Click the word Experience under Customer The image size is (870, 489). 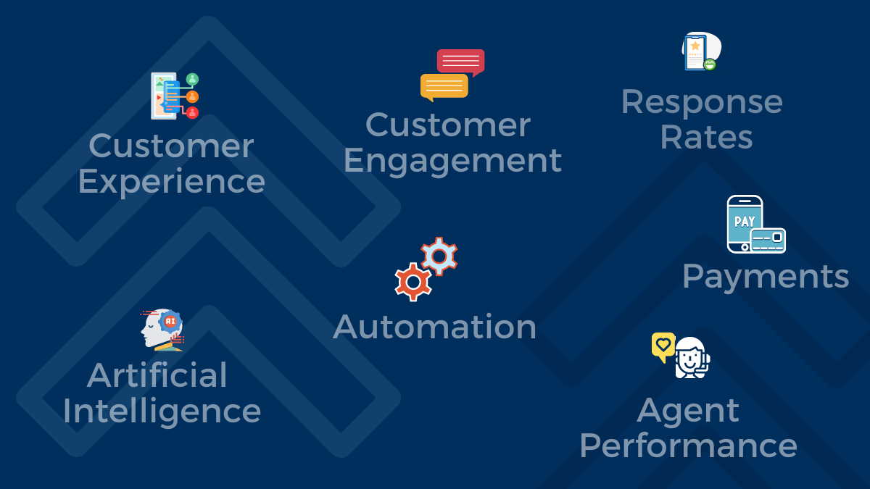pos(171,181)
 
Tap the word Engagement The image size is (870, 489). pos(452,160)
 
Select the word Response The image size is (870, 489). pos(702,101)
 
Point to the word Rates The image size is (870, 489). pos(706,137)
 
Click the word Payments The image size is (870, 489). pos(766,276)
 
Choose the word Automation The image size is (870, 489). pos(435,327)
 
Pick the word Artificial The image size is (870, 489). pos(157,375)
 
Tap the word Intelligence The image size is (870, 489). pos(162,411)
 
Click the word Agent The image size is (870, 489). pos(688,411)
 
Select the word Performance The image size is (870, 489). pos(688,446)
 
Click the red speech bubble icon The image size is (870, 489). pos(460,62)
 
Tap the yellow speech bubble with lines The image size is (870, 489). pos(444,86)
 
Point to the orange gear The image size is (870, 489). pos(413,282)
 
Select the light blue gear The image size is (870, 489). pos(439,256)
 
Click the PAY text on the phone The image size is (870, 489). pos(744,221)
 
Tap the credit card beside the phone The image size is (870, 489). pos(768,241)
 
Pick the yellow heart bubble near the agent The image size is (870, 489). pos(663,346)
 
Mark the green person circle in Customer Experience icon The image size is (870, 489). pos(192,79)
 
